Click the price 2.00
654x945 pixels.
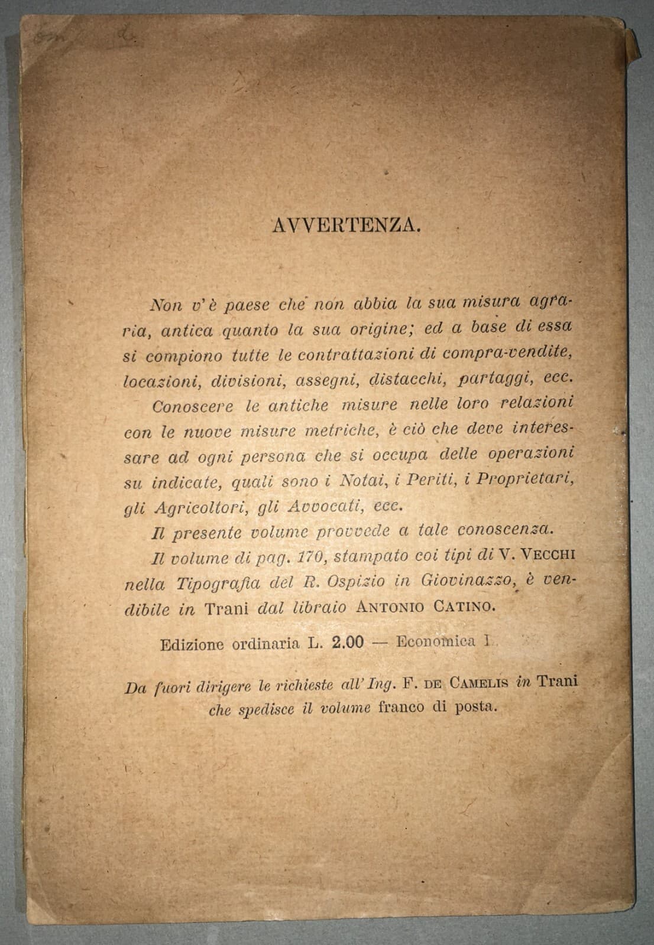(x=348, y=643)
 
